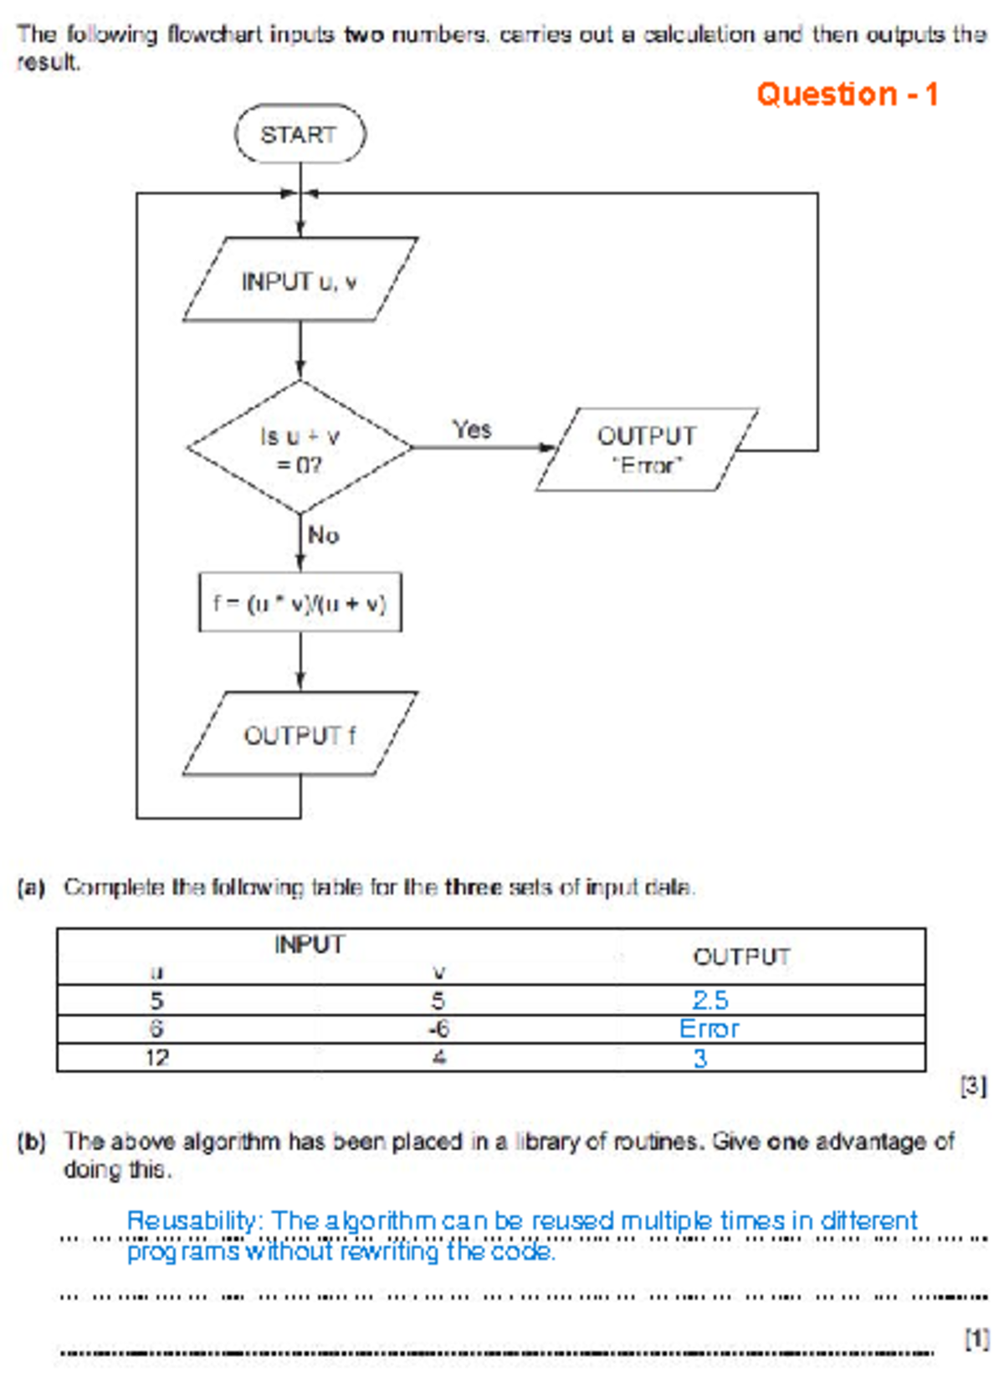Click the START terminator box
(300, 134)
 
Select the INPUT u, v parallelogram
(300, 280)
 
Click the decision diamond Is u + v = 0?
(300, 449)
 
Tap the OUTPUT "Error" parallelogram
(646, 450)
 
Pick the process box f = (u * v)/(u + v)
(300, 603)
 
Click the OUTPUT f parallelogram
(300, 735)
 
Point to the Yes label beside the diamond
(472, 429)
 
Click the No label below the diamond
(323, 535)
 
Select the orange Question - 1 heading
(847, 94)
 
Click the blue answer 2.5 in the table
(710, 1000)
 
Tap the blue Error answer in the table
(709, 1029)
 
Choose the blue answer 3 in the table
(700, 1058)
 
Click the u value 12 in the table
(156, 1058)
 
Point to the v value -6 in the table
(438, 1029)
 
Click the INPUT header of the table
(309, 944)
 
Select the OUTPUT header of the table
(741, 956)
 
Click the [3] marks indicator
(972, 1087)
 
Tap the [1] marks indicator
(976, 1338)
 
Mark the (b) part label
(31, 1142)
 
